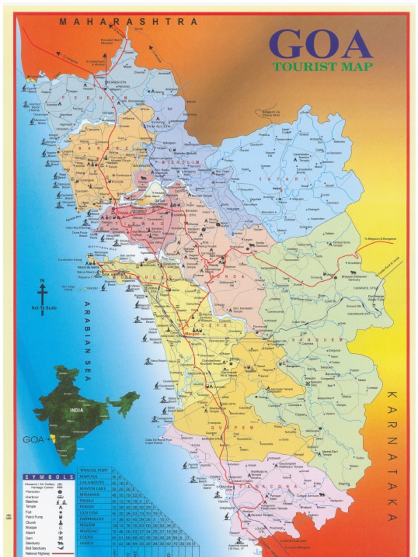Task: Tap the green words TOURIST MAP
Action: (323, 67)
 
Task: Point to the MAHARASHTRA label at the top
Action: (128, 22)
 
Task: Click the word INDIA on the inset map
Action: (76, 410)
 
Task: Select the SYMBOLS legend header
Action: (49, 477)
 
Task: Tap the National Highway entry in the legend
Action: (38, 553)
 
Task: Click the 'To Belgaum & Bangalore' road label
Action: (379, 239)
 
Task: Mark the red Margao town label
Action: (192, 332)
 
